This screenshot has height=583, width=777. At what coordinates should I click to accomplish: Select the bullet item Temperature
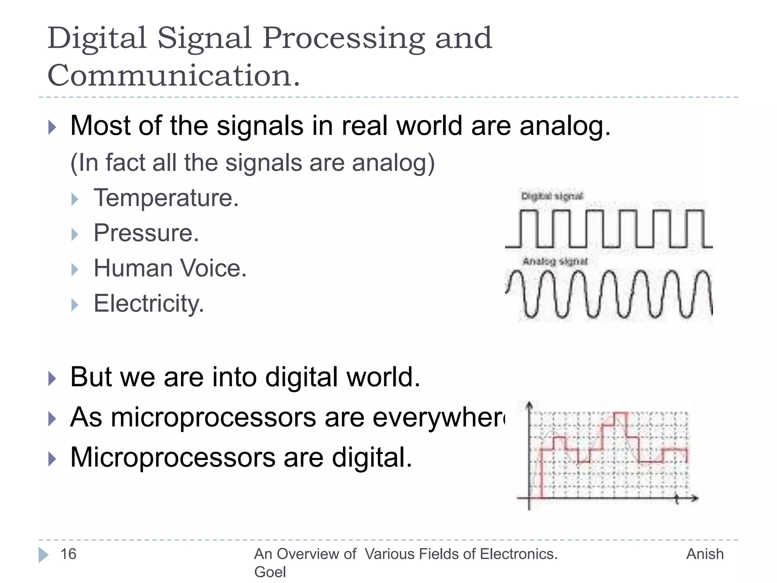coord(166,198)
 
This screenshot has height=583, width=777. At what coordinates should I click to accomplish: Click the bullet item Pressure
coord(146,233)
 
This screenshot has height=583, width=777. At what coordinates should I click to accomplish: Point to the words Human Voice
coord(170,268)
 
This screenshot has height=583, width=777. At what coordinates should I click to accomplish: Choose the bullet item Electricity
coord(149,303)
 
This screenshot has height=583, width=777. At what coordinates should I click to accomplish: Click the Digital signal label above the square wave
coord(552,196)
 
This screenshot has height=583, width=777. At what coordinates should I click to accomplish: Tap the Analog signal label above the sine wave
coord(555,261)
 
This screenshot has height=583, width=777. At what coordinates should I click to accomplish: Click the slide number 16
coord(68,554)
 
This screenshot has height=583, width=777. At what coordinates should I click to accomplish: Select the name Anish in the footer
coord(705,554)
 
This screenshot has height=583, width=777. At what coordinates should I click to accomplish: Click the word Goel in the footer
coord(270,572)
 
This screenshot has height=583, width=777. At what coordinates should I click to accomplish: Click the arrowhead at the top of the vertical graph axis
coord(530,405)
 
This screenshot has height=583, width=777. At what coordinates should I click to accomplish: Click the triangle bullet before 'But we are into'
coord(52,378)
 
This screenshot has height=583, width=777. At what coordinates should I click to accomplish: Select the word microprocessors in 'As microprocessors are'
coord(213,417)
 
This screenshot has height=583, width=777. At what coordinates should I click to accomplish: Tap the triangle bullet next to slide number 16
coord(43,555)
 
